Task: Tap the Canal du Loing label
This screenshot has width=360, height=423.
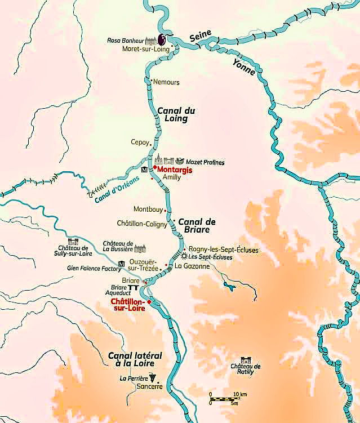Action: click(172, 114)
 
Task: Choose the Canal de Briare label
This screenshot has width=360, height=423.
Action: click(193, 225)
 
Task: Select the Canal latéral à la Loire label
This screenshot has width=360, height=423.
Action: click(135, 360)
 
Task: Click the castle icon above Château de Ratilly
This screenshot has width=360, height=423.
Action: click(246, 360)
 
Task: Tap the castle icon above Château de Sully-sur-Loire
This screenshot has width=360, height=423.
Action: click(73, 242)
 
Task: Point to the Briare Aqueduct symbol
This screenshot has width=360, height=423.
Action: click(134, 288)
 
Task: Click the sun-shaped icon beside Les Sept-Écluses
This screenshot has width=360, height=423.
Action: click(184, 256)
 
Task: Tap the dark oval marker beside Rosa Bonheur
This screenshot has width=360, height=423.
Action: click(162, 39)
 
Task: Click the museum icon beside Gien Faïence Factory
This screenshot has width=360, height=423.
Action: click(121, 264)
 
